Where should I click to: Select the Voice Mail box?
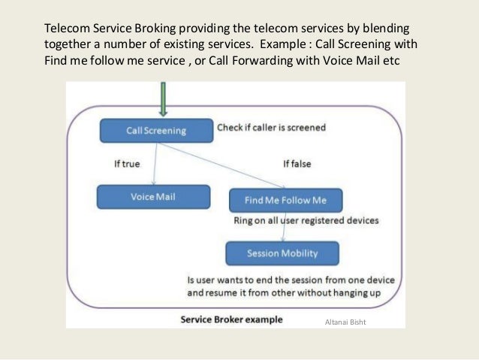click(152, 197)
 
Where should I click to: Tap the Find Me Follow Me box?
click(285, 200)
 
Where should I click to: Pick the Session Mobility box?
click(282, 253)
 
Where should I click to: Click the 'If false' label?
click(297, 163)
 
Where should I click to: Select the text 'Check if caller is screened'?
click(271, 128)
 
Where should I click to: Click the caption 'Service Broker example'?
click(231, 319)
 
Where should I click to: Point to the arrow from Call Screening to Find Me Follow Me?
click(225, 165)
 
